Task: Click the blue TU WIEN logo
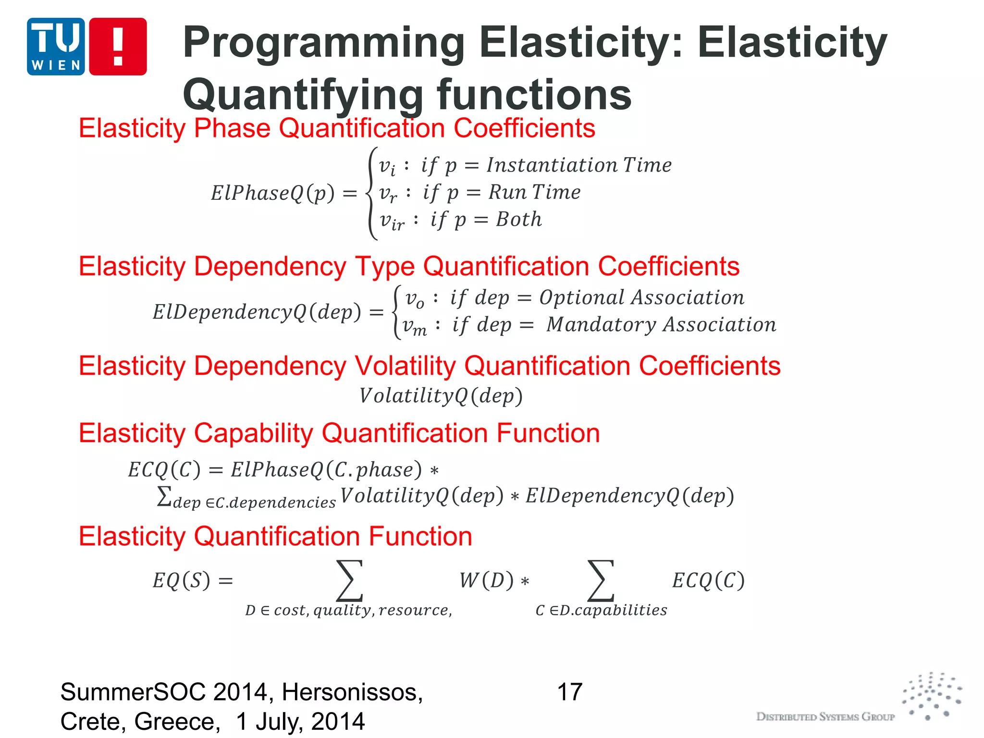coord(56,47)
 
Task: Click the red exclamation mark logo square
coord(118,47)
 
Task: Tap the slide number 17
coord(569,692)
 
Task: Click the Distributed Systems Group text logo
coord(825,716)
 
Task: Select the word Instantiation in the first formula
coord(552,165)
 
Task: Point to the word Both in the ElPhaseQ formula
coord(518,220)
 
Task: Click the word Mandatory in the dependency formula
coord(601,325)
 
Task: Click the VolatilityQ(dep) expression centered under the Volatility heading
coord(441,396)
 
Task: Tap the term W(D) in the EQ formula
coord(487,580)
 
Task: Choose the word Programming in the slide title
coord(323,43)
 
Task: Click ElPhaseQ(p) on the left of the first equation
coord(272,193)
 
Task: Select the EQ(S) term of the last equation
coord(182,580)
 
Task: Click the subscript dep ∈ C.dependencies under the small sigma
coord(254,503)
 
